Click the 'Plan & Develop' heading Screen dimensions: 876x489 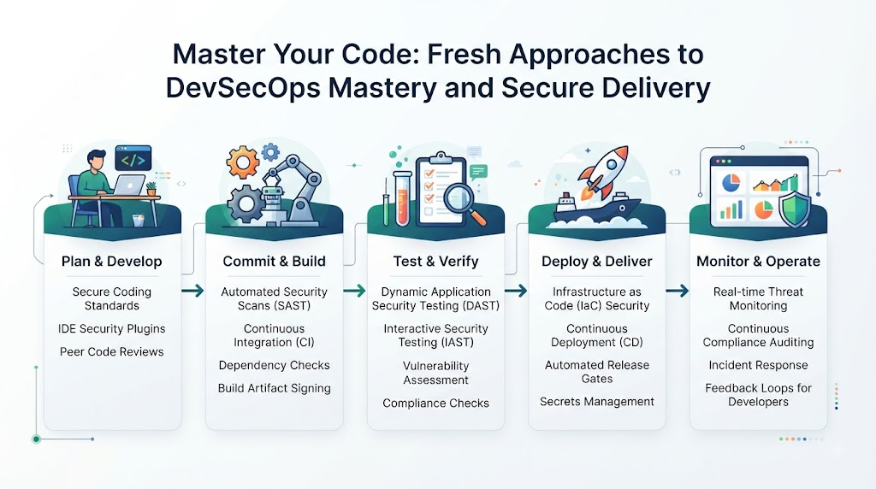coord(112,262)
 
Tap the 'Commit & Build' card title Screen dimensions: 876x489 coord(274,262)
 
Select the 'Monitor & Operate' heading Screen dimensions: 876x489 coord(758,262)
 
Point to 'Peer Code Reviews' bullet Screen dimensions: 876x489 coord(112,351)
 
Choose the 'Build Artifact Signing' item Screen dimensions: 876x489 coord(274,388)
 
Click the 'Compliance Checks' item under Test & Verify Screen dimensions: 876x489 coord(435,403)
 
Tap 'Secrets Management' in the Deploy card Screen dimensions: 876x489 coord(596,401)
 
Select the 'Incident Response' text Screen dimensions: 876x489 coord(758,365)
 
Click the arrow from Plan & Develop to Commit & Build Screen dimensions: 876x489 coord(192,291)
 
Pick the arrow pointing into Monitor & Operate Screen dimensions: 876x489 coord(678,291)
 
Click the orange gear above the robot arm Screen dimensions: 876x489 coord(242,162)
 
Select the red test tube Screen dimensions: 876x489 coord(402,198)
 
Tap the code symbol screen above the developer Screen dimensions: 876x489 coord(133,158)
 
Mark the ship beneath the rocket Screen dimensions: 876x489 coord(595,210)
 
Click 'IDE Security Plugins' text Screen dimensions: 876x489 coord(112,329)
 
